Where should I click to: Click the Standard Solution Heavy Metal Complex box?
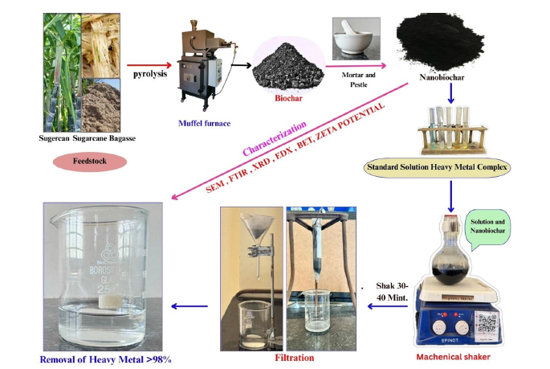coord(439,168)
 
